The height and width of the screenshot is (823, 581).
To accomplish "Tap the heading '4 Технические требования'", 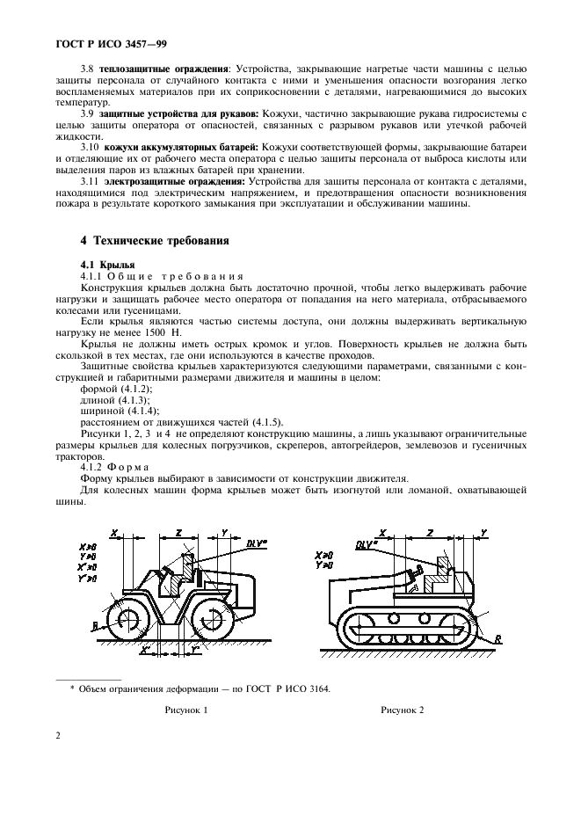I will (x=156, y=239).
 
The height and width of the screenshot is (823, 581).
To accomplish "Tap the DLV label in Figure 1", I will (x=255, y=543).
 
